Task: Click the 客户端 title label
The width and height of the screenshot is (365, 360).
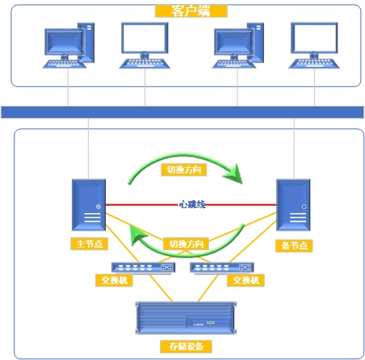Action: click(191, 11)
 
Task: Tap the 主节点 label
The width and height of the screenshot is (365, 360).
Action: click(90, 244)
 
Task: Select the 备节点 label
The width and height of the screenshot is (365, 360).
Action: click(294, 245)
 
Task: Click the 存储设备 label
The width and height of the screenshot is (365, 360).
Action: click(186, 346)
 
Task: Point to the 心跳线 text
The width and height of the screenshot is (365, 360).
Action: click(192, 204)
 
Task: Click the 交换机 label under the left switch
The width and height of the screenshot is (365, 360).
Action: click(114, 280)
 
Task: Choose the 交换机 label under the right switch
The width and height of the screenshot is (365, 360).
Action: click(245, 280)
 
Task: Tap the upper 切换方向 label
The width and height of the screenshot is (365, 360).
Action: click(184, 170)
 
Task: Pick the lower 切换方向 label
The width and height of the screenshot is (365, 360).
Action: click(186, 244)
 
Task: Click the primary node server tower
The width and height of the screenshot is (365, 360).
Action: click(89, 205)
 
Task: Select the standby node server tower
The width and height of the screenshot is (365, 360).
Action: click(293, 205)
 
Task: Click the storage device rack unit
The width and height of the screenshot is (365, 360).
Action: click(186, 318)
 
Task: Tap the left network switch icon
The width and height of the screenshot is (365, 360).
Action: click(144, 268)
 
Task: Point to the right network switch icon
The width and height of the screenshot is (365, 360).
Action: click(222, 268)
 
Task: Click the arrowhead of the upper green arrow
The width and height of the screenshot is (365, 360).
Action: click(233, 174)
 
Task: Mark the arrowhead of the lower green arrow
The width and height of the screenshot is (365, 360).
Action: click(137, 235)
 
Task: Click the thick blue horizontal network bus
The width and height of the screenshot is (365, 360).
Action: click(182, 112)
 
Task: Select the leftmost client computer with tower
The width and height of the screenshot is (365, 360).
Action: click(69, 45)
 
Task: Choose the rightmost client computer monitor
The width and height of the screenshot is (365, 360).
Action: click(314, 45)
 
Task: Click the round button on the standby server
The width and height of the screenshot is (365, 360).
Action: click(304, 207)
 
